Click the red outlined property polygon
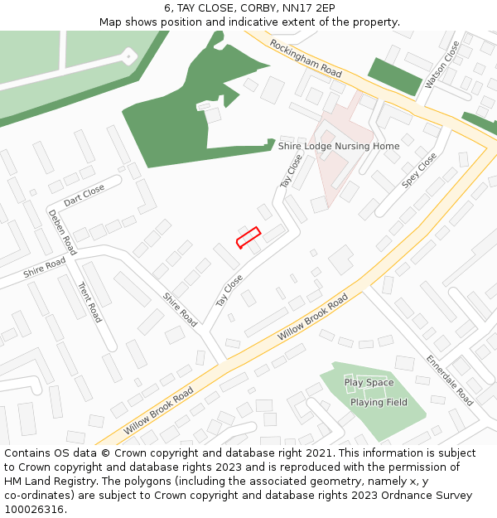pos(248,237)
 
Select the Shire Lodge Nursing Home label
pos(339,146)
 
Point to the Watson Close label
pos(442,65)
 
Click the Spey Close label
pos(419,171)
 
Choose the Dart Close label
pos(84,195)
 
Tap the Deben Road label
pos(62,231)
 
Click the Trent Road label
pos(89,302)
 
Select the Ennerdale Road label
pos(450,380)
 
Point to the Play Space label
pos(369,382)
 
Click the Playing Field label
pos(379,402)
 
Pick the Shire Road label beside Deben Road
pos(44,266)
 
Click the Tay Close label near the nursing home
pos(291,171)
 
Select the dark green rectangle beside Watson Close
pos(395,76)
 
